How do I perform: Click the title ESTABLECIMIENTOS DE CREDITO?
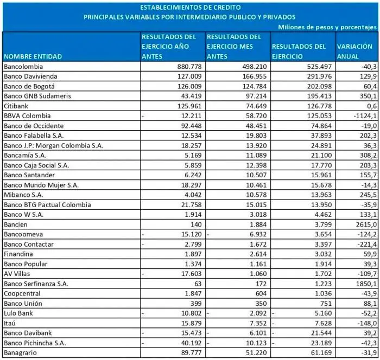189,8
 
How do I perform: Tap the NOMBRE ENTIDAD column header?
33,56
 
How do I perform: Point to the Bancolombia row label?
21,66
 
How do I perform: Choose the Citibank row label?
16,106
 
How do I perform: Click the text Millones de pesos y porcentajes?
327,26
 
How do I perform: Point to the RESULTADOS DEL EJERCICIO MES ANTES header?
233,46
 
